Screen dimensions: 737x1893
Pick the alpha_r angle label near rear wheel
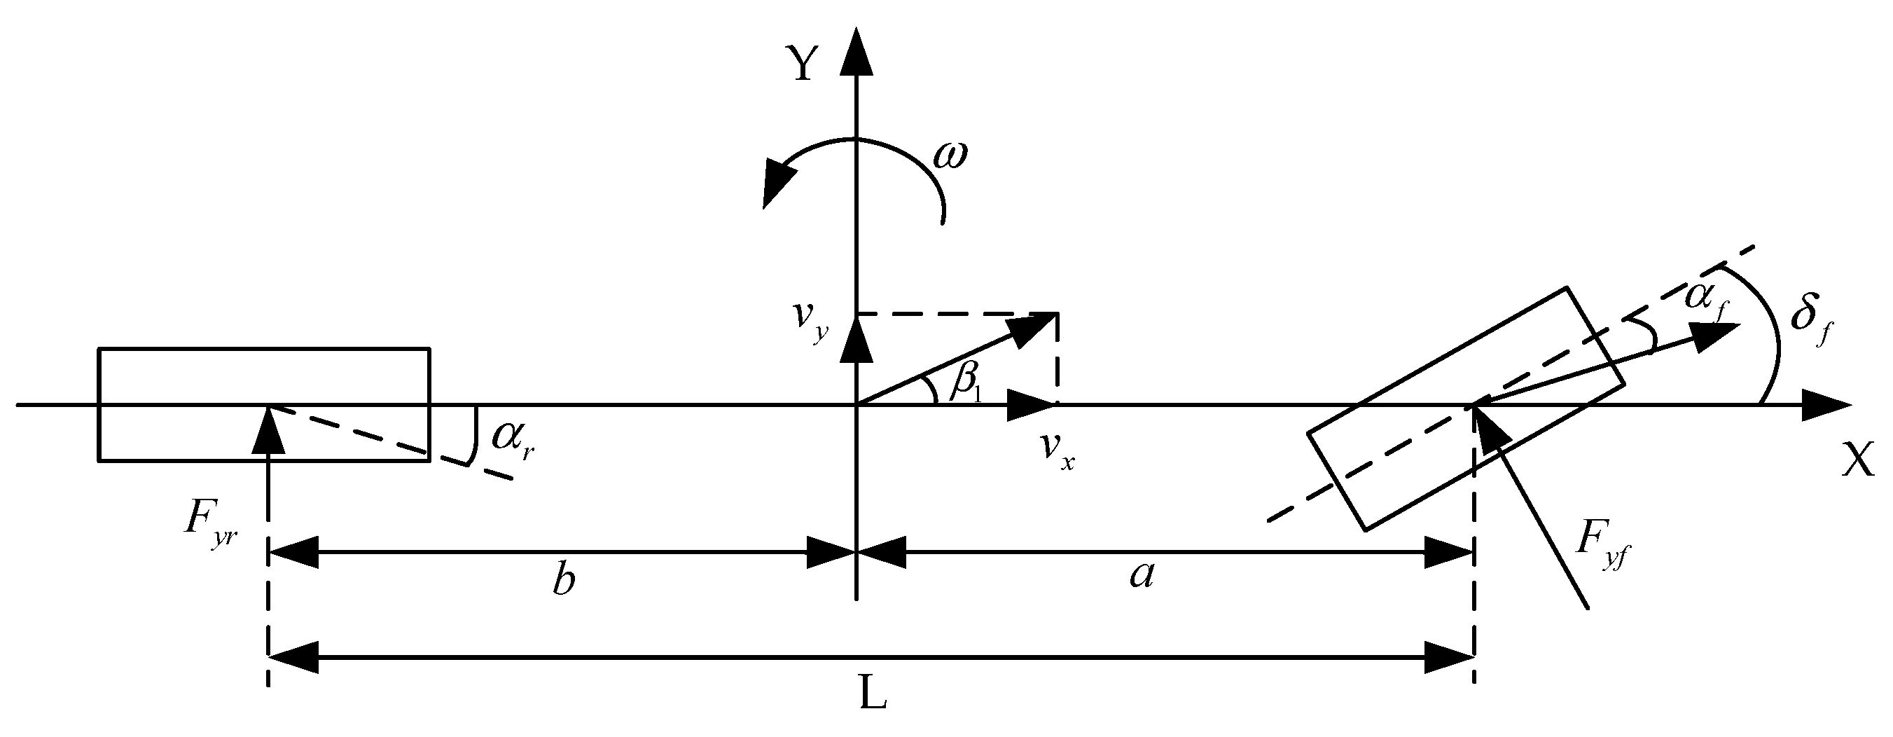[x=512, y=439]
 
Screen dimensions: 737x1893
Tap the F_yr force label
[x=211, y=526]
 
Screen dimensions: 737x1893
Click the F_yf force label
[x=1600, y=548]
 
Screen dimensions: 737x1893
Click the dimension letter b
[x=564, y=580]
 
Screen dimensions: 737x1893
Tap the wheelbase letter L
[x=873, y=695]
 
